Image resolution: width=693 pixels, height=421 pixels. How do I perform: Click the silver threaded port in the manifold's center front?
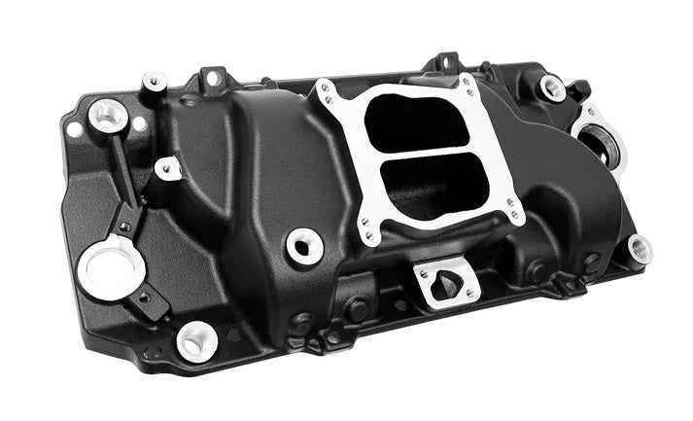[x=304, y=245]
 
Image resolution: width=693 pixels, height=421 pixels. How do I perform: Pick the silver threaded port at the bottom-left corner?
[x=197, y=340]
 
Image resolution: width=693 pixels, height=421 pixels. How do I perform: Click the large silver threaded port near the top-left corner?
[x=108, y=116]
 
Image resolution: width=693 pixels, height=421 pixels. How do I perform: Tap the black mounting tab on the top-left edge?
[x=213, y=76]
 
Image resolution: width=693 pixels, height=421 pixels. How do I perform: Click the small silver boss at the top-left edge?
[x=154, y=83]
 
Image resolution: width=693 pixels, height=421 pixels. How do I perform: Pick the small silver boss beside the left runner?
[x=167, y=170]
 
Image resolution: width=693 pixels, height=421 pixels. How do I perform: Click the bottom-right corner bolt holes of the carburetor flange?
[x=510, y=210]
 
